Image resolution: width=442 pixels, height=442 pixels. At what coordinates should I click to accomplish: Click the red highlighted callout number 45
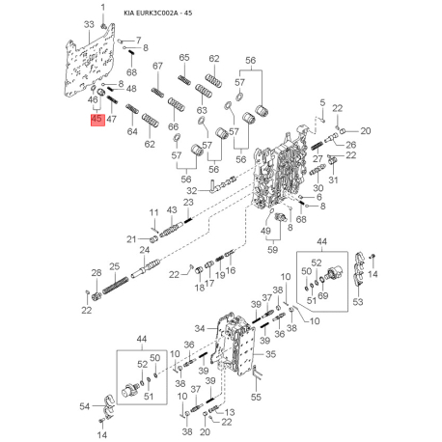96,119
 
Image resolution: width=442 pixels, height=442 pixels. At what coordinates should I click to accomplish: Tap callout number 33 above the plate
90,23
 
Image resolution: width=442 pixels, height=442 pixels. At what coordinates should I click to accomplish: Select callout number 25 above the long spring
113,266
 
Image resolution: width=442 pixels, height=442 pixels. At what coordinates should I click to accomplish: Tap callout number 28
96,274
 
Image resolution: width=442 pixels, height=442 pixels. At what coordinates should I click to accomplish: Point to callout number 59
273,249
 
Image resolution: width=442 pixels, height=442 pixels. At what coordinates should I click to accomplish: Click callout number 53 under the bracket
359,302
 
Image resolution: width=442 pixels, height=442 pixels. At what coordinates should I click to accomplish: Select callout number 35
272,355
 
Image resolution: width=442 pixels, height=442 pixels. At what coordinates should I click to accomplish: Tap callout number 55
256,397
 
